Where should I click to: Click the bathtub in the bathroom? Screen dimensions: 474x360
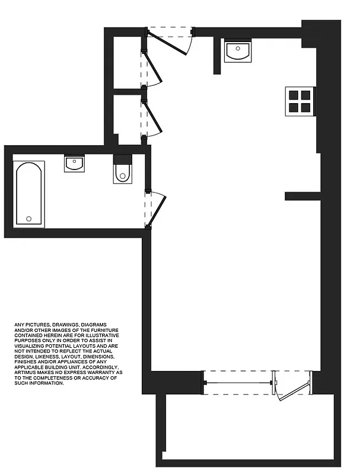[x=29, y=194]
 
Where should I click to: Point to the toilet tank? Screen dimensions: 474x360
[x=122, y=159]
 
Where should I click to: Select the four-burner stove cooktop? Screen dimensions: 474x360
[x=300, y=100]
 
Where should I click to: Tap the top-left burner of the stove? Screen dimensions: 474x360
[x=294, y=94]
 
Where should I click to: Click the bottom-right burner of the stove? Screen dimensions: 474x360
[x=306, y=107]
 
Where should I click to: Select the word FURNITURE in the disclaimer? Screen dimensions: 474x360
[x=107, y=330]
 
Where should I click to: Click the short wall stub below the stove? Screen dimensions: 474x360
[x=302, y=197]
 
